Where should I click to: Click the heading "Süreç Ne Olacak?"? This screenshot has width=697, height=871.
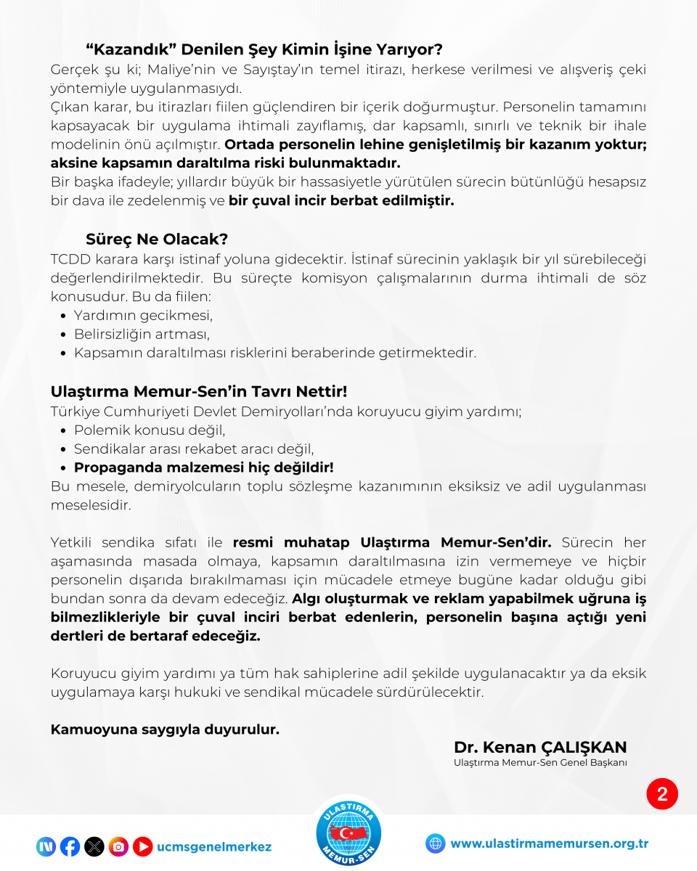tap(157, 239)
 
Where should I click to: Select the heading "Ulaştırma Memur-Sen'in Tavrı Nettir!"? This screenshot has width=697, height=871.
tap(199, 391)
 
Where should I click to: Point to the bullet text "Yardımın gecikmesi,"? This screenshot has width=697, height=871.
tap(143, 316)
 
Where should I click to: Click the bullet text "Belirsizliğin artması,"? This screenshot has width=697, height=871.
tap(142, 335)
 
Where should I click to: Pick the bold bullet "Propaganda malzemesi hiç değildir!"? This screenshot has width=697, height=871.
tap(203, 467)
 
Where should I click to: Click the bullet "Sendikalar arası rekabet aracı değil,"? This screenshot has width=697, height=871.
tap(193, 449)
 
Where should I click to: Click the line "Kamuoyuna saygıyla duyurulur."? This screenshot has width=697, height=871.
tap(165, 729)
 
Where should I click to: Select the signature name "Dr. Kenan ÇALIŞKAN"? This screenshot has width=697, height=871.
tap(540, 748)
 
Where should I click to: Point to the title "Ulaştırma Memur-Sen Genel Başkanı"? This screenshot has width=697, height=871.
tap(540, 763)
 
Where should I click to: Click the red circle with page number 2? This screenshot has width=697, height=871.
tap(662, 794)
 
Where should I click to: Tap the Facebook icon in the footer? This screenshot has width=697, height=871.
tap(70, 846)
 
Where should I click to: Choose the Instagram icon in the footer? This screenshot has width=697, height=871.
tap(118, 846)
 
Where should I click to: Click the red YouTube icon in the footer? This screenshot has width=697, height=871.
tap(142, 846)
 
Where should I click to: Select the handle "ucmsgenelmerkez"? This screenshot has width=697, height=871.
tap(213, 847)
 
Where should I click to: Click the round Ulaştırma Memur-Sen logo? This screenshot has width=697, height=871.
tap(349, 833)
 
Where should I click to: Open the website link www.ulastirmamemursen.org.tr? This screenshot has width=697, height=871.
tap(549, 843)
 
